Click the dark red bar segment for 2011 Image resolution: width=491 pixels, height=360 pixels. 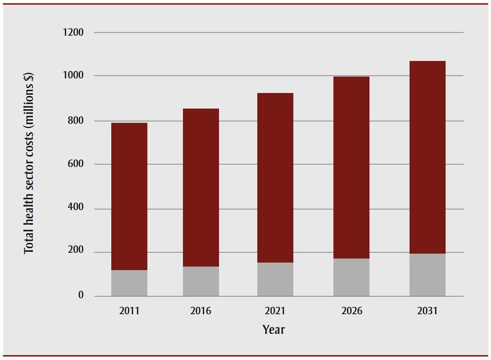point(129,196)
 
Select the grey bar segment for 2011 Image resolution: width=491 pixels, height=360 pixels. point(129,283)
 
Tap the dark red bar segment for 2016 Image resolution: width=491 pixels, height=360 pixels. point(201,187)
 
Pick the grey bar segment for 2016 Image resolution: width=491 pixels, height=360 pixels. point(201,281)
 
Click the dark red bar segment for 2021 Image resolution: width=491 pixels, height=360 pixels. point(275,178)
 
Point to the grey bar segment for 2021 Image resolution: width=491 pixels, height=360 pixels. point(275,279)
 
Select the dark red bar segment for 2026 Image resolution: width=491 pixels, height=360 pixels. point(351,167)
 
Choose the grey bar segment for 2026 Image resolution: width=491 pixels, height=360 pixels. point(351,277)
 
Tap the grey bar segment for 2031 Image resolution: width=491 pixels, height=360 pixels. point(427,275)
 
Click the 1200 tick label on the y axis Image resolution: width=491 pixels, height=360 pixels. point(73,32)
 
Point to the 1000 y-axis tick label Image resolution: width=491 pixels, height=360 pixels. point(73,76)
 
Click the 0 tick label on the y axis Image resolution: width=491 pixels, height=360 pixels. point(81,295)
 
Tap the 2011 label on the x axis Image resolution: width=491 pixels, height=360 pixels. point(129,311)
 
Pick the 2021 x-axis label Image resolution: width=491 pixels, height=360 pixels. point(275,311)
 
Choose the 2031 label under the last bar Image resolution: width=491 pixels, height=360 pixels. point(427,311)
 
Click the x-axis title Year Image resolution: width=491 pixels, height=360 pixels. point(273,330)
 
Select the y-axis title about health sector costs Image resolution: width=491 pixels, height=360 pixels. point(29,164)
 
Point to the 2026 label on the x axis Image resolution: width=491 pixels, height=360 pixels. point(351,311)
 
